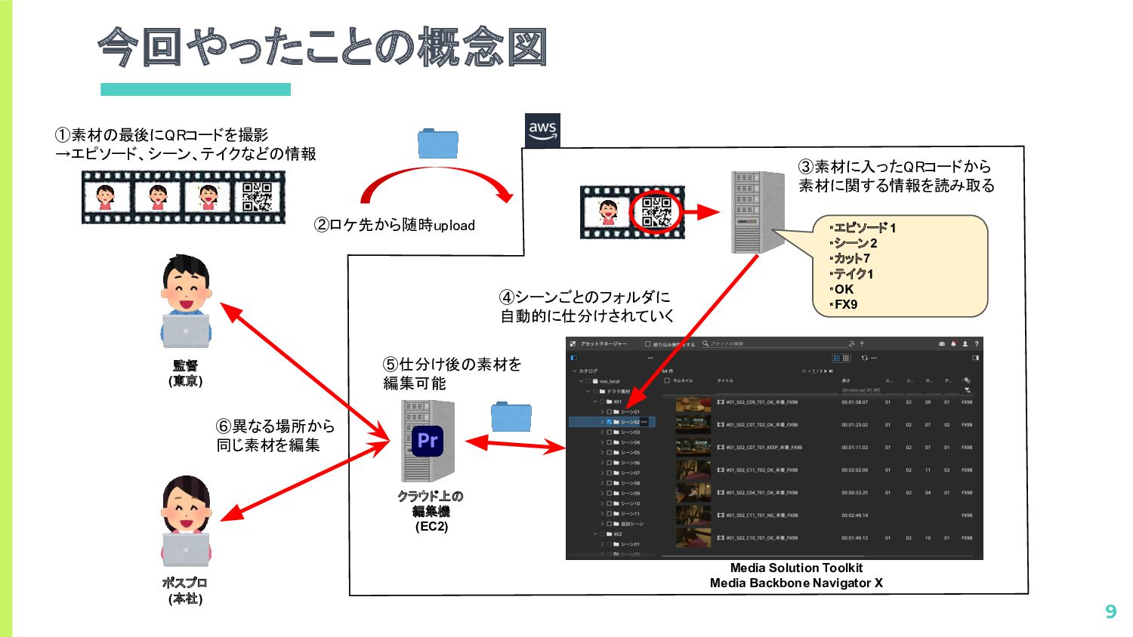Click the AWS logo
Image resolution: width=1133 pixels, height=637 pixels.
542,131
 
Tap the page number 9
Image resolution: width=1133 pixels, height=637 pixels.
1110,611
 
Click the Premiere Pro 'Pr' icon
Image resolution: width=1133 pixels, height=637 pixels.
428,441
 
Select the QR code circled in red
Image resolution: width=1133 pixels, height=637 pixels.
656,212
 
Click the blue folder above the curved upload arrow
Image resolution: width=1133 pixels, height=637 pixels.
438,144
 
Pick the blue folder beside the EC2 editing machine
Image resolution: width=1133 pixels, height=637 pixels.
511,417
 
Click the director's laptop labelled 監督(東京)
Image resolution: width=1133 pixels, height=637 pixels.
186,331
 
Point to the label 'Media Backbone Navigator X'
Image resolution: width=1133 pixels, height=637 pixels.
796,583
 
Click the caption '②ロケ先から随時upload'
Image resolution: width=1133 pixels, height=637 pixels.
395,225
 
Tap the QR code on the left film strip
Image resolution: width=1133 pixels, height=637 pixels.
257,197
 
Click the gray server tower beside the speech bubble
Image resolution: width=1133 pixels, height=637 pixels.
756,212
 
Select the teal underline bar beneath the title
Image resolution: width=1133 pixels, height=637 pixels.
196,89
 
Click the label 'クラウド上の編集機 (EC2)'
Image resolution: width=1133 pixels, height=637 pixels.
431,511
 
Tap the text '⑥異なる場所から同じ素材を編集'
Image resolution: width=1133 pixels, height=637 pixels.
275,435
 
